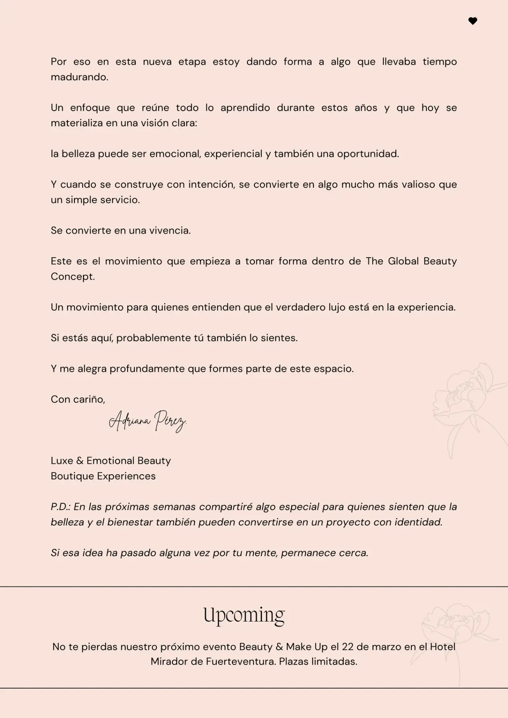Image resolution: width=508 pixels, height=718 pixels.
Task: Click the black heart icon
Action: coord(473,21)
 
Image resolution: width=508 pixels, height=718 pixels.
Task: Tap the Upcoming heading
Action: coord(244,615)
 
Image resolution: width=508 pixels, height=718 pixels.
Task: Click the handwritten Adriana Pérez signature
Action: coord(147,421)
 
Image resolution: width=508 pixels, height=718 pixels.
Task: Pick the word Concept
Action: coord(72,276)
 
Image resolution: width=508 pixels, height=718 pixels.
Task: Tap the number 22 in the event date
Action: coord(347,647)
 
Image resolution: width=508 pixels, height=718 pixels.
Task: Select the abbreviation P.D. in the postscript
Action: coord(60,507)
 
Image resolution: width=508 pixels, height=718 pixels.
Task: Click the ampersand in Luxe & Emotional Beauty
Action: coord(80,461)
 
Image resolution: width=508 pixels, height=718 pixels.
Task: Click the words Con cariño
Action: coord(78,399)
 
